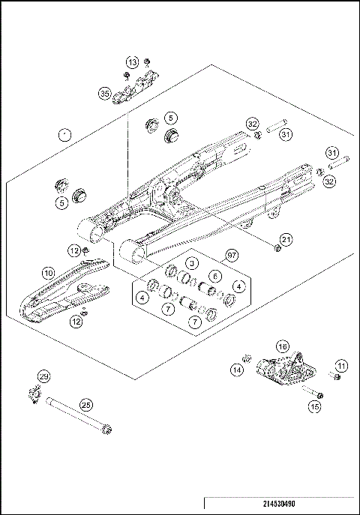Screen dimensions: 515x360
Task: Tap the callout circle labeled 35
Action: (x=104, y=93)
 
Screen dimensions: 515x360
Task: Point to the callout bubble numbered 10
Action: (x=47, y=274)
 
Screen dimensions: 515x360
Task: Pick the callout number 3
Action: (x=192, y=263)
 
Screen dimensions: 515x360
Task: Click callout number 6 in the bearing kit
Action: (x=214, y=276)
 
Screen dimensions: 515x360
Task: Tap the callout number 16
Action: (x=282, y=346)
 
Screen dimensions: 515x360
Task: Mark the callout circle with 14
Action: (x=236, y=369)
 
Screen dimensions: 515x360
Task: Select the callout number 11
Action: (x=342, y=365)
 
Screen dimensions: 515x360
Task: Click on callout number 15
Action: (x=314, y=406)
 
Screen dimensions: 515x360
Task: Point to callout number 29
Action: (x=43, y=376)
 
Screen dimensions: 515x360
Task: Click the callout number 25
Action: (x=85, y=405)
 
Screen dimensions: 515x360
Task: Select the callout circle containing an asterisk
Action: (x=65, y=134)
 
